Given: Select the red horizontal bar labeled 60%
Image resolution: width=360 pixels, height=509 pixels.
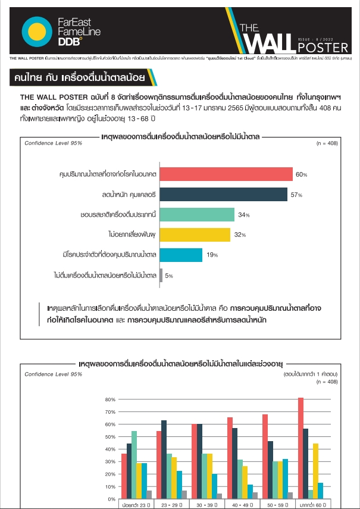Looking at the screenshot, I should point(227,174).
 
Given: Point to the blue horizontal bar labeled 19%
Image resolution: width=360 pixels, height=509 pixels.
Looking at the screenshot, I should point(181,255).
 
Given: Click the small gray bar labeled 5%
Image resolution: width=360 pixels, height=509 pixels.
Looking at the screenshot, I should point(161,275).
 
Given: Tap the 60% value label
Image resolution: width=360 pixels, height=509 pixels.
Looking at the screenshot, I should point(300,174).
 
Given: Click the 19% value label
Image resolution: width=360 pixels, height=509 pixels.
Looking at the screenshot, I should point(211,255).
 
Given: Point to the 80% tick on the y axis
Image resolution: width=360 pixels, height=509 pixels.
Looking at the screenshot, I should point(109,399).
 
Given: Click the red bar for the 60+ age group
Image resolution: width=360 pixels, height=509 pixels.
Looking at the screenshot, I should point(300,448).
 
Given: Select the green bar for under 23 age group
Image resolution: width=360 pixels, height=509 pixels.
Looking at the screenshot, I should point(134,465).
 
